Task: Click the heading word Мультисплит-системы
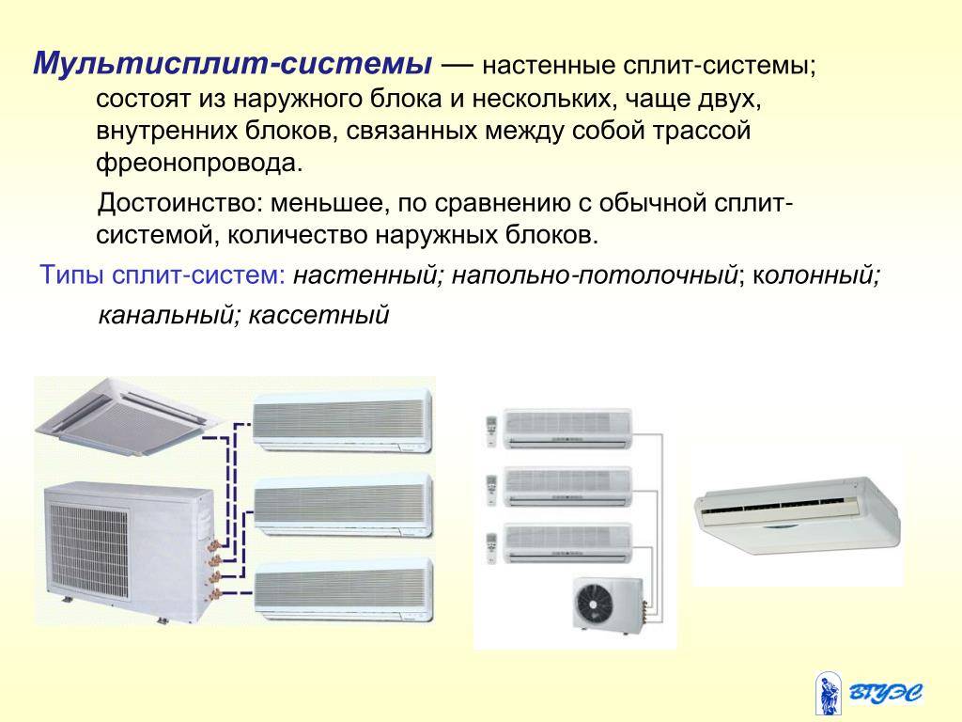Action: click(233, 64)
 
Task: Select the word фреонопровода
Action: click(199, 164)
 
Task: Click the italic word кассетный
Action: click(319, 315)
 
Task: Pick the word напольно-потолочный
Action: click(594, 275)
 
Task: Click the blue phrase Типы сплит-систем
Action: click(162, 275)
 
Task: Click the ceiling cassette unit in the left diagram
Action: click(129, 416)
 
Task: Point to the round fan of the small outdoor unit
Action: click(594, 603)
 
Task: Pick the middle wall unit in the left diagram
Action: click(342, 506)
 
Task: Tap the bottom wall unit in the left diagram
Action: click(344, 590)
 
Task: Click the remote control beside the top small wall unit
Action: click(490, 431)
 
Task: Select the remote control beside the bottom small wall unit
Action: click(490, 548)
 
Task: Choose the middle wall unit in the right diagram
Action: click(567, 486)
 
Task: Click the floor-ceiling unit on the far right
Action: click(798, 514)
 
